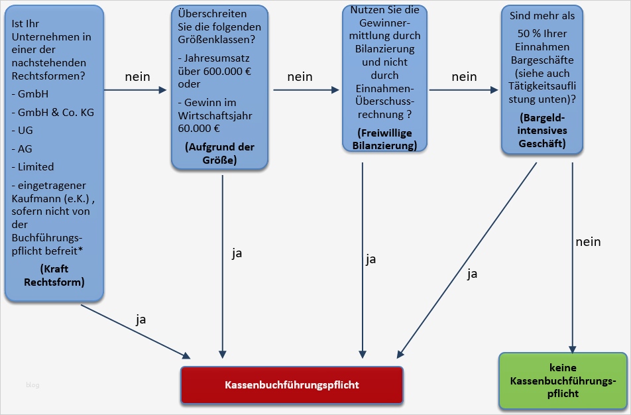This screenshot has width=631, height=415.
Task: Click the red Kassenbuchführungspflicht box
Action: click(x=292, y=385)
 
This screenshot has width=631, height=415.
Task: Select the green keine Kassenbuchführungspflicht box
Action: click(x=562, y=381)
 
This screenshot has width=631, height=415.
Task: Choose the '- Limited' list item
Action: click(x=32, y=166)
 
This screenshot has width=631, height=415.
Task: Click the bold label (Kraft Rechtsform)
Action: click(x=54, y=275)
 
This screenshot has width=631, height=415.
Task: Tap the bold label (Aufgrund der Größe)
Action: click(x=219, y=153)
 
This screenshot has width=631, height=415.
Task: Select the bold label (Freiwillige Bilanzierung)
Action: click(x=384, y=139)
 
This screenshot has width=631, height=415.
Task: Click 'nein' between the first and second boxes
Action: click(x=137, y=77)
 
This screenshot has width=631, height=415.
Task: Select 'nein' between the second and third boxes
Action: click(x=300, y=77)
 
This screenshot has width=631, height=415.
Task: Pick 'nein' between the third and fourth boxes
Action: click(x=464, y=77)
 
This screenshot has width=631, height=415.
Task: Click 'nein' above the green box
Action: click(x=587, y=241)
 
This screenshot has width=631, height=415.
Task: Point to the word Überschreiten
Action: click(x=207, y=13)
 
